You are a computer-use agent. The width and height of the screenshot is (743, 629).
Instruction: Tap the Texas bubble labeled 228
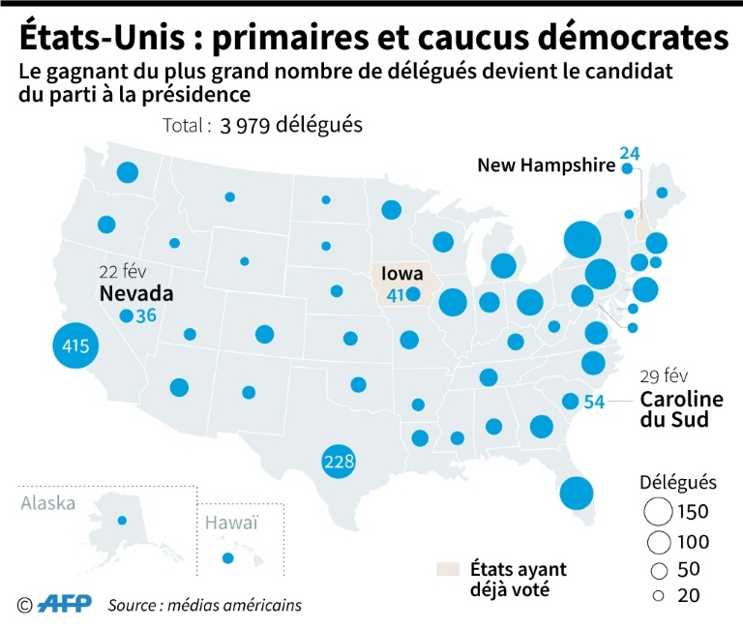click(x=339, y=462)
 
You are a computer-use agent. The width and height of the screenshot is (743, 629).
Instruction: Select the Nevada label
click(x=135, y=293)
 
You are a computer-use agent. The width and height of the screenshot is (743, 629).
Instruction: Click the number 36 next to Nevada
click(x=147, y=316)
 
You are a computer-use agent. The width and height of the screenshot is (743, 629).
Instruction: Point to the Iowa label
click(x=402, y=274)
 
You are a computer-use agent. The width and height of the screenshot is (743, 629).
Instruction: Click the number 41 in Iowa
click(x=395, y=295)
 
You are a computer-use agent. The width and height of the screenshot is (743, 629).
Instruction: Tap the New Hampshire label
click(x=546, y=165)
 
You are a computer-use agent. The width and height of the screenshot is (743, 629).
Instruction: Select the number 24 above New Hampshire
click(x=630, y=153)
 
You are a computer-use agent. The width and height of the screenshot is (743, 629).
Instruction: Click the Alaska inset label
click(x=47, y=502)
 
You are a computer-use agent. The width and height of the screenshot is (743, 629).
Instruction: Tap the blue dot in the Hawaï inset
click(x=228, y=558)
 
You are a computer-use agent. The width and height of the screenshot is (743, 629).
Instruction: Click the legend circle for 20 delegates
click(x=659, y=596)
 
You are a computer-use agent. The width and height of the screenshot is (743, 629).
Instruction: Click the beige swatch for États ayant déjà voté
click(x=449, y=569)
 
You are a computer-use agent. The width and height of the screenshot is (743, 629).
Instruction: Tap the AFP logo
click(x=65, y=604)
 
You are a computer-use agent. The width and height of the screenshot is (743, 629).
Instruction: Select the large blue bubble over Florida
click(x=576, y=494)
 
